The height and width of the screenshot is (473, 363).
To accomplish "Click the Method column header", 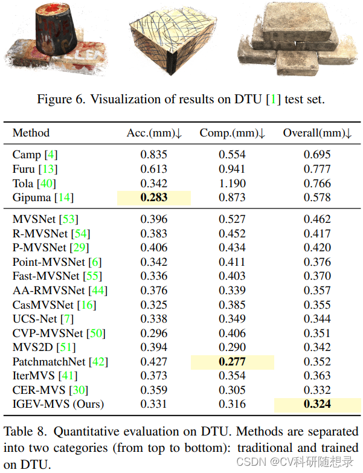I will pos(31,133).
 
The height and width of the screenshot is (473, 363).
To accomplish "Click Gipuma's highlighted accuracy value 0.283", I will pos(154,198).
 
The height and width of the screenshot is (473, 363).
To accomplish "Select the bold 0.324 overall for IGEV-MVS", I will pos(317,404).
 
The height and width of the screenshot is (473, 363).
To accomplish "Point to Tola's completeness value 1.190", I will pos(232,183).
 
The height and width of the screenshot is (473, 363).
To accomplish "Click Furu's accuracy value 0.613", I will pos(154,169).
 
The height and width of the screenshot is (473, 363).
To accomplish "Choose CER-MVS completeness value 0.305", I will pos(232,390).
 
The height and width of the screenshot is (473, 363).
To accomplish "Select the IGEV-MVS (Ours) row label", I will pos(58,404).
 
